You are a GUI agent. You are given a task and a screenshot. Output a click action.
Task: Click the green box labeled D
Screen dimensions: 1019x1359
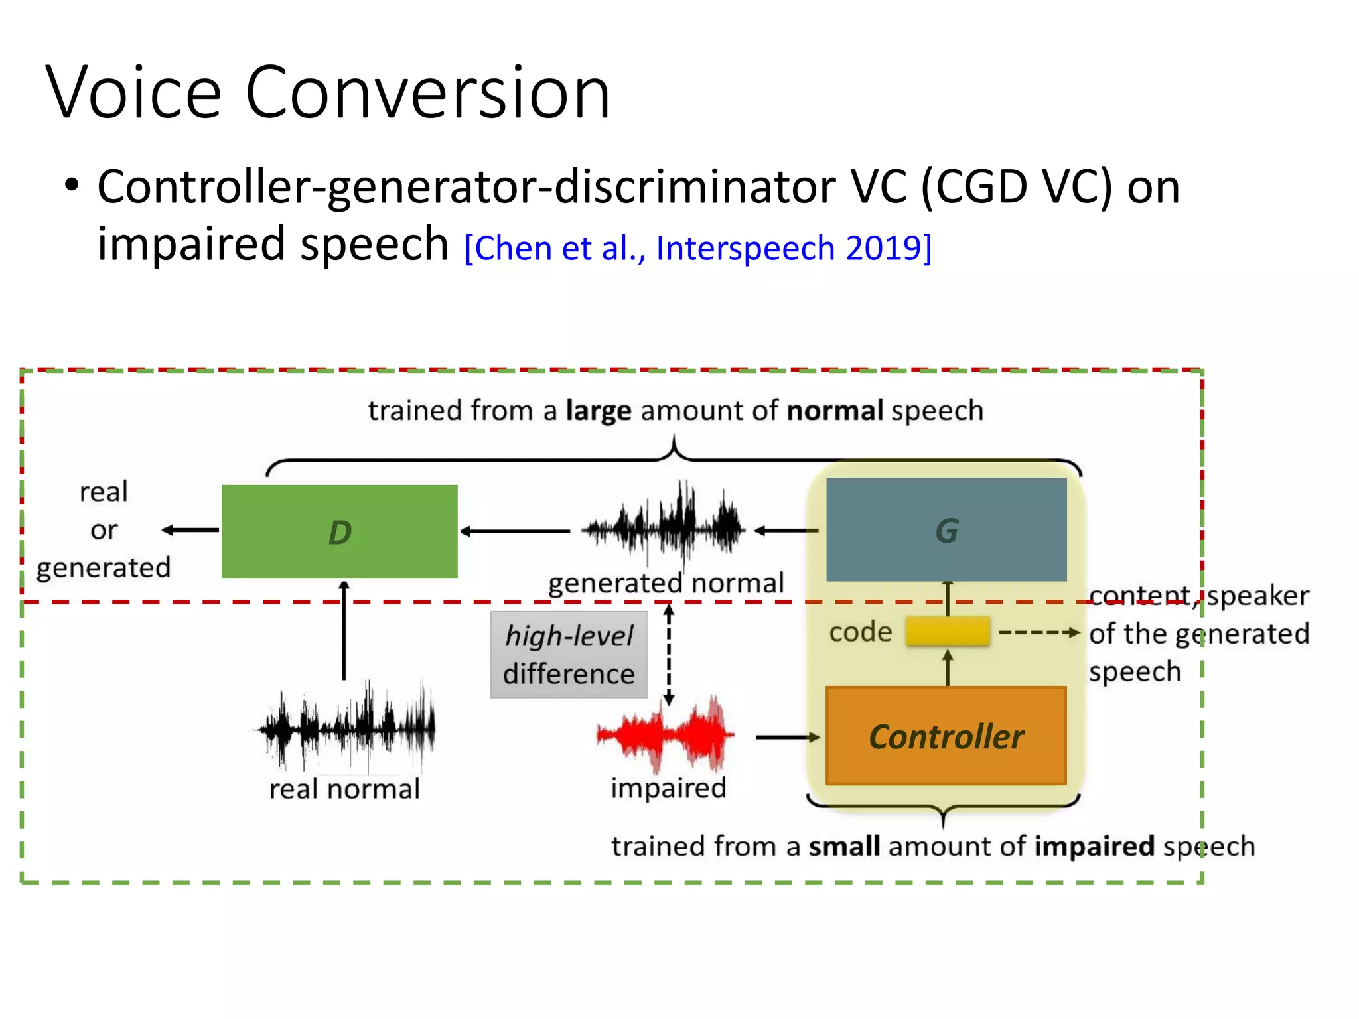[x=339, y=531]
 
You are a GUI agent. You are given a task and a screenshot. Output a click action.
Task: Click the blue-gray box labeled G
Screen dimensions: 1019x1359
[x=946, y=529]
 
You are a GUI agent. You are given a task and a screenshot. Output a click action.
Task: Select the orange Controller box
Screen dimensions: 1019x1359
[x=946, y=736]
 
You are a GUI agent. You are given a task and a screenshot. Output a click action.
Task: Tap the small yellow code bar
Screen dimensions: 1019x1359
[x=948, y=631]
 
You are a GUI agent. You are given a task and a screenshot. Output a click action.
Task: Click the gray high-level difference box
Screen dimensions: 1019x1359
[x=569, y=654]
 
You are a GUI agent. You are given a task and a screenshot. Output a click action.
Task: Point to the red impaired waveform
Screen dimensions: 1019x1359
[x=666, y=734]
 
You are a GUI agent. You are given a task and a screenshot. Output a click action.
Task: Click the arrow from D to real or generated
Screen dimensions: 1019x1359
[x=190, y=529]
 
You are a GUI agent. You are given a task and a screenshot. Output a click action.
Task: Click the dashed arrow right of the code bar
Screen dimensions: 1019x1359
[x=1038, y=632]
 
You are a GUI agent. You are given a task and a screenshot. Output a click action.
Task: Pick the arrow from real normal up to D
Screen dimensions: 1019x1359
[x=344, y=630]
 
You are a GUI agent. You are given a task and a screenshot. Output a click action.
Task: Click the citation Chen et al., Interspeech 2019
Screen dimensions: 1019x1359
[x=698, y=249]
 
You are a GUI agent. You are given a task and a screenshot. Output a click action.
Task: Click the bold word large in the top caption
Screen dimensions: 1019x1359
[x=598, y=411]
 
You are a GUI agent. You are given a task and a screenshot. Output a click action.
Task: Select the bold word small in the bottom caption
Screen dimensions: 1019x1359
[x=843, y=847]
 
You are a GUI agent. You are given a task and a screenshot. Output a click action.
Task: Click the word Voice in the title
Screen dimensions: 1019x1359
[x=133, y=93]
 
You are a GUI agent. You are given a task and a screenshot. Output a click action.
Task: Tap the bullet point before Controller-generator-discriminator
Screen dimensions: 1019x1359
[x=72, y=185]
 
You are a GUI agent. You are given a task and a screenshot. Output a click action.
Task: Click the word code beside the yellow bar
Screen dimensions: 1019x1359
[x=860, y=632]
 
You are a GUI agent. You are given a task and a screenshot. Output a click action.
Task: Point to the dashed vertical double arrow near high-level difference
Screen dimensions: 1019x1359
[x=669, y=654]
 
